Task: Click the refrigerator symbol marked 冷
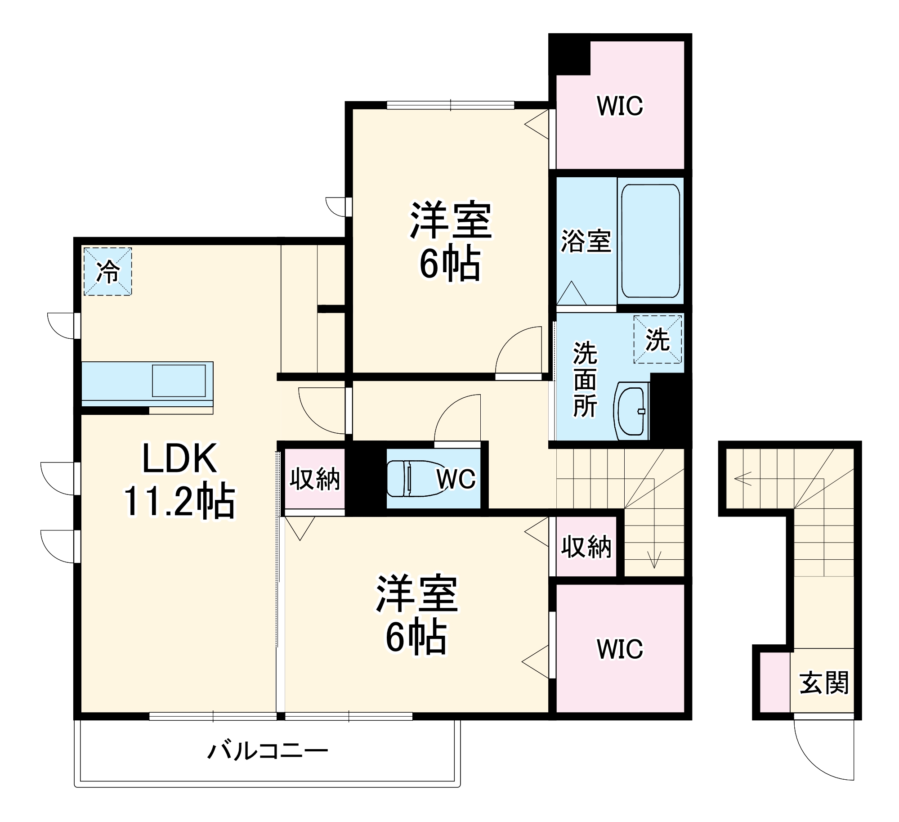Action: tap(108, 271)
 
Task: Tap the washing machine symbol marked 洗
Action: tap(657, 340)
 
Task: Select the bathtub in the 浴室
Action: tap(650, 241)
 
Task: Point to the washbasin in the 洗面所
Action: tap(631, 410)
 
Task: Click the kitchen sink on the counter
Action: tap(179, 381)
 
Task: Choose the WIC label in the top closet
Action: tap(620, 106)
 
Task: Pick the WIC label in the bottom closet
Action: tap(620, 649)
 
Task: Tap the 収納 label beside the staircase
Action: tap(586, 547)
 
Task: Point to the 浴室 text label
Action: tap(586, 241)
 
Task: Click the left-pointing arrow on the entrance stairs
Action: tap(742, 478)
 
